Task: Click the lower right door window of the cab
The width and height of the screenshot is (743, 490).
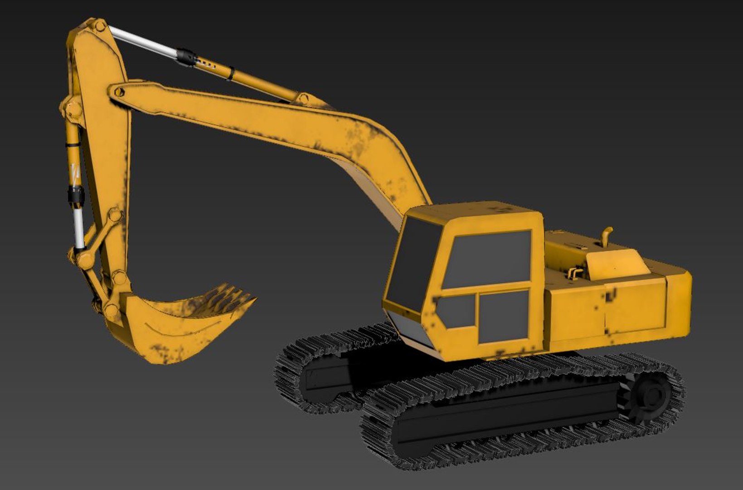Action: [504, 316]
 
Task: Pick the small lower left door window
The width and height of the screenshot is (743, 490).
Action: [458, 311]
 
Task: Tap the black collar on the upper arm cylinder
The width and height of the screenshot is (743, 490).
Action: [187, 57]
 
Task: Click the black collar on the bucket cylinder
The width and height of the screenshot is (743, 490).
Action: [76, 195]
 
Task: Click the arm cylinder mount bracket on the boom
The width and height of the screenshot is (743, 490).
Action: [303, 98]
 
